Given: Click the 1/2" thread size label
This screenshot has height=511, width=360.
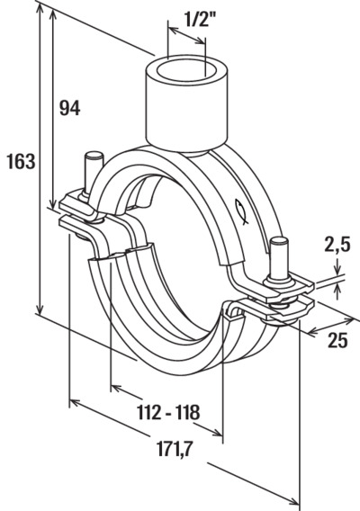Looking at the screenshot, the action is coord(200,21).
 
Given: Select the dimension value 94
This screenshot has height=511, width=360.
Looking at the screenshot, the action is coord(69,108).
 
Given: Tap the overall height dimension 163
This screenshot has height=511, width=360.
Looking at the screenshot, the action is coord(21,161).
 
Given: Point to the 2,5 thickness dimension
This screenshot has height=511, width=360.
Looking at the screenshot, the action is coord(337,245).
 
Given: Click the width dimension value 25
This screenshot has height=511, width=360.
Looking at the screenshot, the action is coord(337,341).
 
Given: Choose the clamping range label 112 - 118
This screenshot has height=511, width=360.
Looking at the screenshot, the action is coord(168,412).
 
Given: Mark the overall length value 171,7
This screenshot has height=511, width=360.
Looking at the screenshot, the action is coord(175,450).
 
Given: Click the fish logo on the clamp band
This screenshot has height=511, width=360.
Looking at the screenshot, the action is coord(241,211).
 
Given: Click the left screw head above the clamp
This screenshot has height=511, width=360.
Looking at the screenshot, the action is coord(94,156).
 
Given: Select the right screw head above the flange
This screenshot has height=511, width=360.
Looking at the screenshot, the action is coord(279,242).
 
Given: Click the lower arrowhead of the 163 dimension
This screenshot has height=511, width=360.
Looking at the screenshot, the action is coord(40,309).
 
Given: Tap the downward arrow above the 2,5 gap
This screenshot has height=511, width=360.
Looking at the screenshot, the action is coord(337,265).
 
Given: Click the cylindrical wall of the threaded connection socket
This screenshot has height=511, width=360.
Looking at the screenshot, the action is coord(186,111).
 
